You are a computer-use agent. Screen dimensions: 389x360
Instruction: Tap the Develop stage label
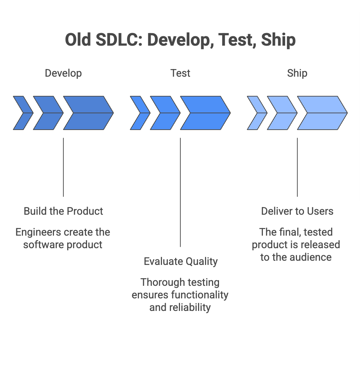(63, 73)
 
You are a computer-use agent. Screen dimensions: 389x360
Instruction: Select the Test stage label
(180, 73)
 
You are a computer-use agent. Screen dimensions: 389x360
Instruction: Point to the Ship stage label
(297, 73)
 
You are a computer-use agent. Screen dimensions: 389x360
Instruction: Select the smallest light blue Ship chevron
(256, 113)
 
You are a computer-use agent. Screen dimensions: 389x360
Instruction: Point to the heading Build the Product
(63, 211)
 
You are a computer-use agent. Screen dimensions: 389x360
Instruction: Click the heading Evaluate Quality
(180, 261)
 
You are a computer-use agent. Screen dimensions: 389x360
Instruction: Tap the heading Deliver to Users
(297, 211)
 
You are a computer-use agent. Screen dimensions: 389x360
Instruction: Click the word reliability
(190, 307)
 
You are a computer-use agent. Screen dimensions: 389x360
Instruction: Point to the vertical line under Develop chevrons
(63, 167)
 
